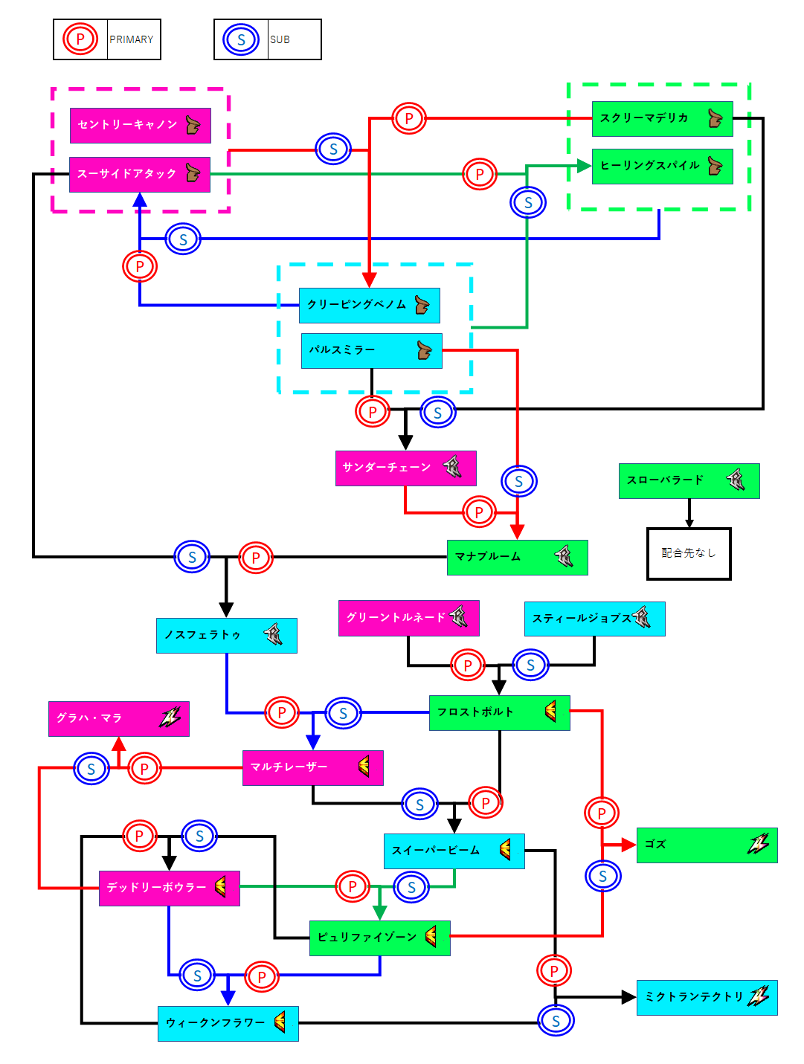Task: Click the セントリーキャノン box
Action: click(140, 125)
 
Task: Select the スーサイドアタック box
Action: click(139, 174)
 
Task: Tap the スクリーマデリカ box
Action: click(662, 118)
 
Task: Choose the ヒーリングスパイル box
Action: click(662, 166)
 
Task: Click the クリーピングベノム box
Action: click(369, 305)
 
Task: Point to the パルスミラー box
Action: click(371, 350)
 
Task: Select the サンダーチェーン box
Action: click(405, 468)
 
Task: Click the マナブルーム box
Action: click(517, 557)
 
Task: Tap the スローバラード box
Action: click(689, 480)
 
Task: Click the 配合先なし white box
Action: click(689, 553)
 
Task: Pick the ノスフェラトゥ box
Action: click(226, 635)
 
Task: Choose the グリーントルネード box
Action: click(408, 618)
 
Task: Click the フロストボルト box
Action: click(499, 712)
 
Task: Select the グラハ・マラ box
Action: click(118, 718)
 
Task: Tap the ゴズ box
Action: click(707, 845)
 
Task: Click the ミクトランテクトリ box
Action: click(707, 997)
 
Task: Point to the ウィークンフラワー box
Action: click(228, 1023)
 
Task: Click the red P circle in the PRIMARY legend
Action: click(80, 39)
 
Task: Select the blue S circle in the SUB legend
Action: click(241, 39)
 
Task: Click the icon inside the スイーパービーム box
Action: click(506, 849)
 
